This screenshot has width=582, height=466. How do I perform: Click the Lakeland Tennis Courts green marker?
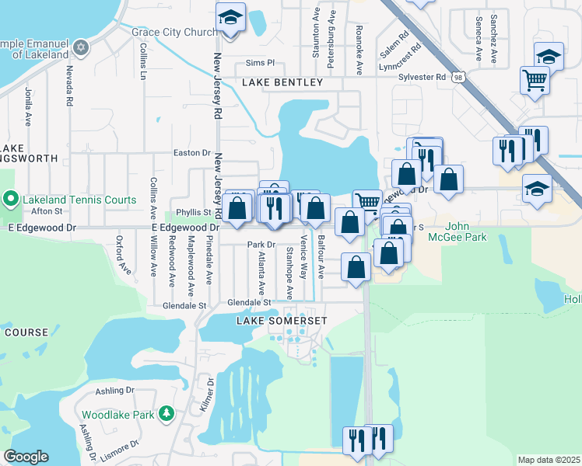(x=11, y=200)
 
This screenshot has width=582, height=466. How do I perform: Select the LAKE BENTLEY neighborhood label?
(x=282, y=82)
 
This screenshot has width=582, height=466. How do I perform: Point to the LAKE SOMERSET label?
(x=282, y=321)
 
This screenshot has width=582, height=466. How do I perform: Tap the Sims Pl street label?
(x=260, y=62)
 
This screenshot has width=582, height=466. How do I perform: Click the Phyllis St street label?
(x=194, y=212)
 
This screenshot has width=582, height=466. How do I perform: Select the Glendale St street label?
(x=248, y=303)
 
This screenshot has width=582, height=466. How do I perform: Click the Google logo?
(x=26, y=457)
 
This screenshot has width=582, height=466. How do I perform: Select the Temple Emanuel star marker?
(x=81, y=47)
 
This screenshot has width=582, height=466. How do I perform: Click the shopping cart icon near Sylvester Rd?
(x=535, y=79)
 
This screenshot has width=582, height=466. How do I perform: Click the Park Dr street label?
(x=257, y=245)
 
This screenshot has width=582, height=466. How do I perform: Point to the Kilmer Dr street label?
(x=205, y=395)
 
